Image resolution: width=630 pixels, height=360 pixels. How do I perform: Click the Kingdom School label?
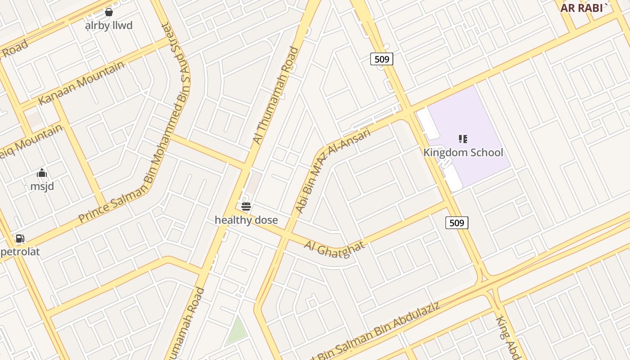(463, 152)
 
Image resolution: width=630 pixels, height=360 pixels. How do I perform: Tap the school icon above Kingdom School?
(463, 139)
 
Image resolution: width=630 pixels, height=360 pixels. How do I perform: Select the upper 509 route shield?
(382, 58)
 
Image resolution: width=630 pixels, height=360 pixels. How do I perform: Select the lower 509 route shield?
(457, 222)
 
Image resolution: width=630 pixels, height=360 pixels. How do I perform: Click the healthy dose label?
(246, 220)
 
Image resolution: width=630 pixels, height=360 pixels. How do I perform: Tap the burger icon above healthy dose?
(246, 207)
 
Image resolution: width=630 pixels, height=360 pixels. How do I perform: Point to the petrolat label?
(20, 252)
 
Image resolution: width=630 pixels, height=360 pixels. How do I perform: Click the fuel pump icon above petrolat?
(20, 238)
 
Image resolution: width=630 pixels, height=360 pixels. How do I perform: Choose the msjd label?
(42, 186)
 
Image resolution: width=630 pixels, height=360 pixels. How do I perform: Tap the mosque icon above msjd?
(42, 173)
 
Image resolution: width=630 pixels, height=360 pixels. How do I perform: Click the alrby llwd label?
(108, 25)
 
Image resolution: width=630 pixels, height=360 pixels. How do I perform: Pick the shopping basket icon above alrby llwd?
(108, 12)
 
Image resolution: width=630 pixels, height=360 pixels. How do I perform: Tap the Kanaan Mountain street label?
(81, 83)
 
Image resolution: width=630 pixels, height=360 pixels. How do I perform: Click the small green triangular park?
(237, 331)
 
